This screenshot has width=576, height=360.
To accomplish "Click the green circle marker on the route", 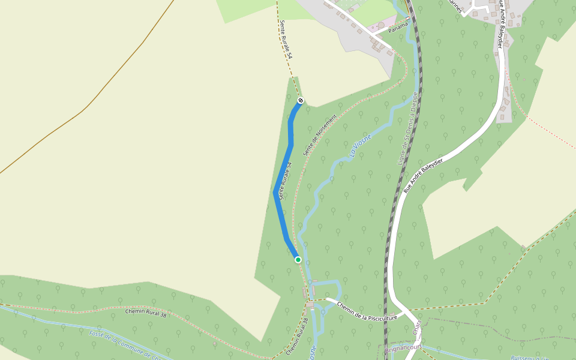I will point(298,259).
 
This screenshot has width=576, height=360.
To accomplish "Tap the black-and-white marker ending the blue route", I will point(301,100).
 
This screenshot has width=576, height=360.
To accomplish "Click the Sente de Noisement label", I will point(320,135).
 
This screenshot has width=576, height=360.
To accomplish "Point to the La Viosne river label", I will point(361,144).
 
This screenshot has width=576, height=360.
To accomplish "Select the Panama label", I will point(398,28).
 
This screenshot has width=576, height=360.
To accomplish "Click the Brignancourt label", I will point(404,347).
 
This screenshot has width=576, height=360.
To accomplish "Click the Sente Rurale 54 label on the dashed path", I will point(285,39).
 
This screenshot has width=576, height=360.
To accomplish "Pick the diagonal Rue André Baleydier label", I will point(424,176).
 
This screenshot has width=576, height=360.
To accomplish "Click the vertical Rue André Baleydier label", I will point(499,27).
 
